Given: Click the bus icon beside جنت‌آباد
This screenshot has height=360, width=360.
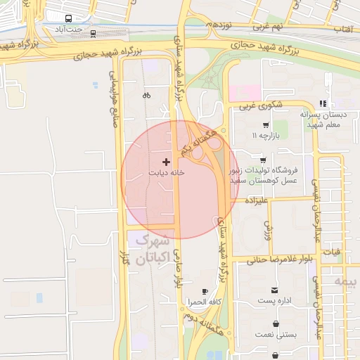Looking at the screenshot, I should coord(67,19).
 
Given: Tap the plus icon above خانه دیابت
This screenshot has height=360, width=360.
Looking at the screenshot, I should coord(166,162).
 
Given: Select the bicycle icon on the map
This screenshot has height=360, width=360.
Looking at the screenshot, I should coord(146,95).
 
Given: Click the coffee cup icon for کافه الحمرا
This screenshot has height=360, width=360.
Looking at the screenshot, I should coord(205,291).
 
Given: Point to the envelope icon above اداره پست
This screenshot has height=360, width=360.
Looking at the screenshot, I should coord(274,290).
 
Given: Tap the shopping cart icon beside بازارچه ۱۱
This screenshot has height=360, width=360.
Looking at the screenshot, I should coord(265,124).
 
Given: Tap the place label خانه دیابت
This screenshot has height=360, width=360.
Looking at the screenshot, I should coord(167,172).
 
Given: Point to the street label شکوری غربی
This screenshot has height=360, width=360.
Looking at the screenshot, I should coord(256,107).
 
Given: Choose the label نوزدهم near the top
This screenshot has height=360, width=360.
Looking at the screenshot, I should coord(219,24).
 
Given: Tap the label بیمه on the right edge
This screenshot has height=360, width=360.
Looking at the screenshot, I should coord(346,281).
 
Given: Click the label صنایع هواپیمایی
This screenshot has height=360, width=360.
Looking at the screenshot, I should coord(113,98).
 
